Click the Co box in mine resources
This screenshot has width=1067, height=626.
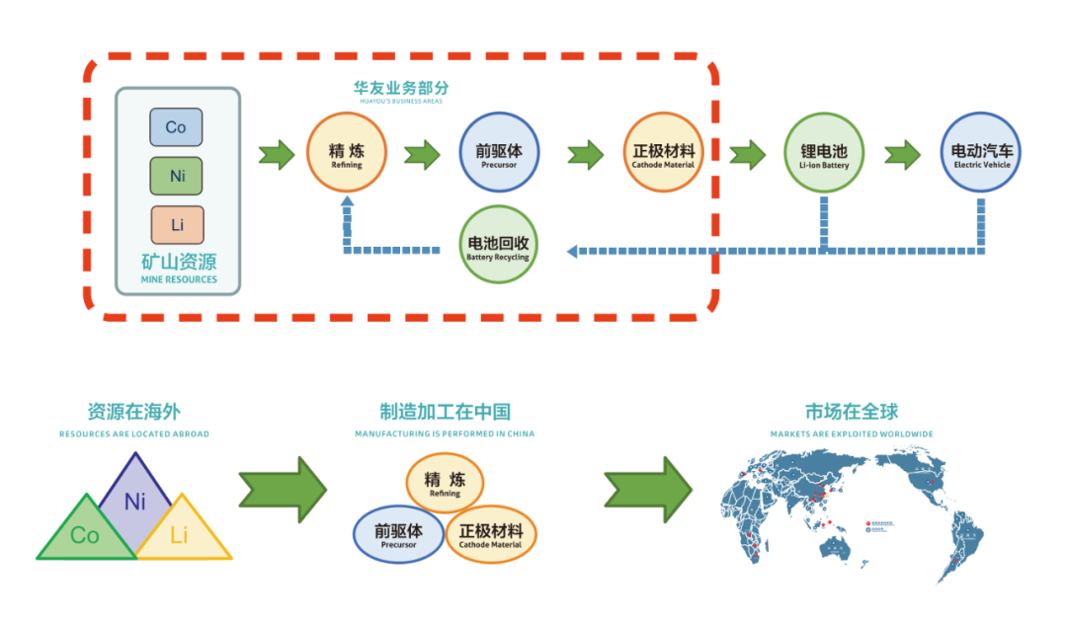point(176,127)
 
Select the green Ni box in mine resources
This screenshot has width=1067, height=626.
point(176,177)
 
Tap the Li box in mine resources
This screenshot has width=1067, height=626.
point(176,225)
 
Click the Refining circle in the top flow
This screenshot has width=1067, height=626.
point(346,154)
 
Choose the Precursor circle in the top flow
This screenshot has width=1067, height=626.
point(500,154)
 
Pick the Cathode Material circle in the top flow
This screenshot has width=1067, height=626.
point(663,154)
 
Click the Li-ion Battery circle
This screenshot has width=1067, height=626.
point(824,154)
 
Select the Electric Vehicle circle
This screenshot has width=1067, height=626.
point(979,154)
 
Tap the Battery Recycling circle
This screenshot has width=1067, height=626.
point(499,244)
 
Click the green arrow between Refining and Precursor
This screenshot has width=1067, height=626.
point(422,155)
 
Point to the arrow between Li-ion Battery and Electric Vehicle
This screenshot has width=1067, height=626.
point(902,155)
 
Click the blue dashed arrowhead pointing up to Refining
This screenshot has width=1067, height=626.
point(347,202)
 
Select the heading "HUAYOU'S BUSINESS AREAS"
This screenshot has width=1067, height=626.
point(400,102)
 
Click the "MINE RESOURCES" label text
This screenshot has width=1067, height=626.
point(179,279)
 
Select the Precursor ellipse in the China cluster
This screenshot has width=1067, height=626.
point(398,534)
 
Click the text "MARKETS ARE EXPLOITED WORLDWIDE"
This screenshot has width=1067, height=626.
point(852,434)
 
